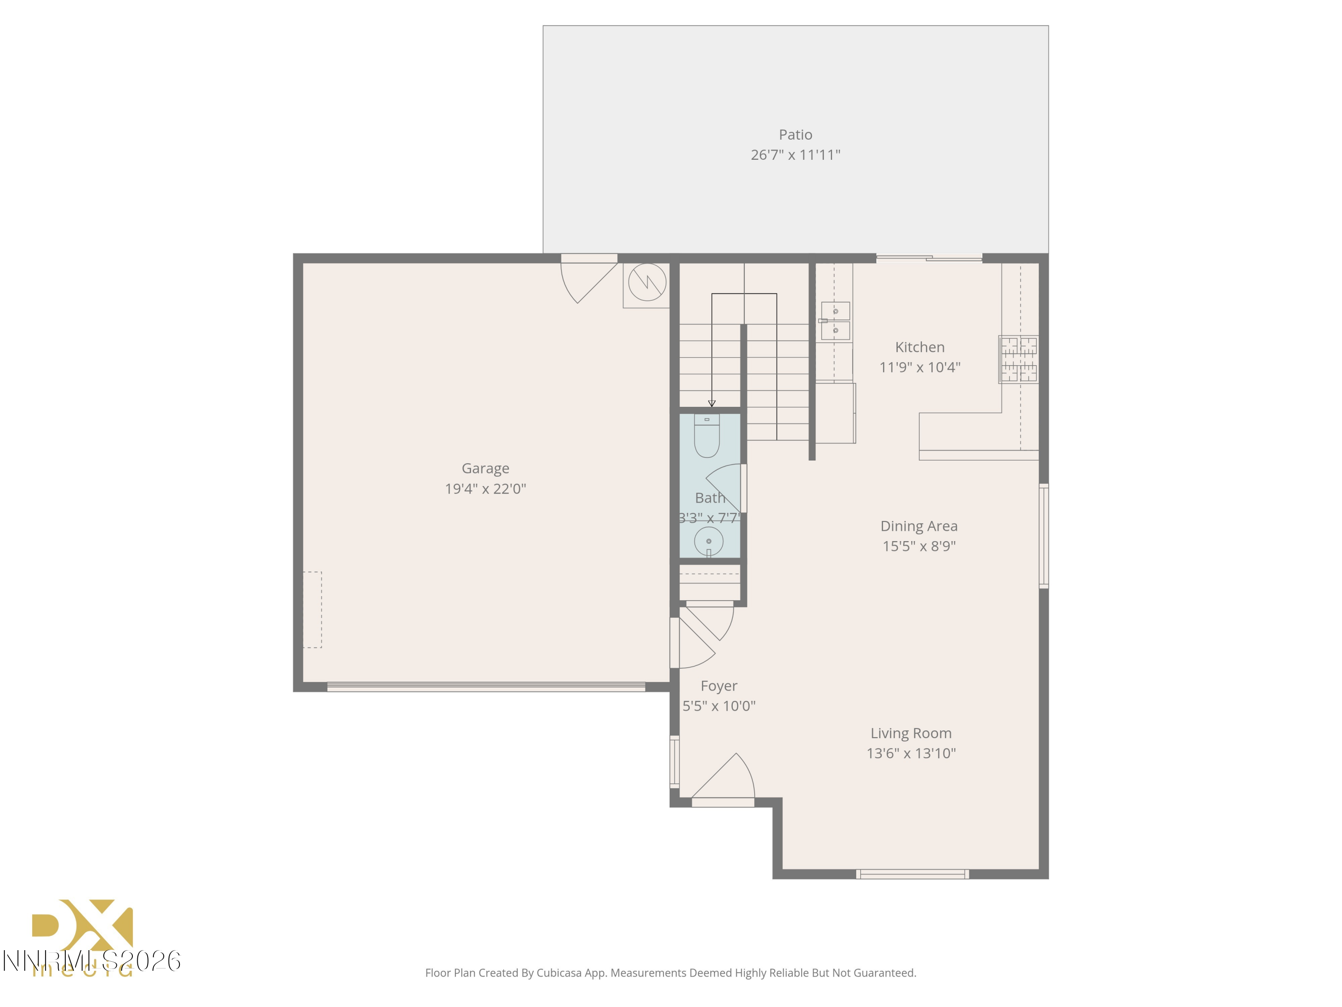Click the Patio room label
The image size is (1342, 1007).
coord(795,135)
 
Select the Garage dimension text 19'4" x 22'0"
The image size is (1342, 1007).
coord(485,489)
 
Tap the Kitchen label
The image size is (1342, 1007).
coord(919,347)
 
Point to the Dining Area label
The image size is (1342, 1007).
coord(918,526)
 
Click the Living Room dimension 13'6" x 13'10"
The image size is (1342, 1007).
coord(911,753)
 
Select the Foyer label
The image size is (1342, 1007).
coord(718,686)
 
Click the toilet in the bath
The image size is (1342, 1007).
coord(707,437)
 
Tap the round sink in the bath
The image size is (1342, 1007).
coord(708,541)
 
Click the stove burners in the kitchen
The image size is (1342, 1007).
coord(1018,359)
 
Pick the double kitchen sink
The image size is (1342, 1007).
coord(836,321)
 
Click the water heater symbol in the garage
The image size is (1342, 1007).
coord(647,282)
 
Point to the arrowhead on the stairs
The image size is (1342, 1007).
coord(712,404)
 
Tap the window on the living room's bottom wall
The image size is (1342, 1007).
coord(912,874)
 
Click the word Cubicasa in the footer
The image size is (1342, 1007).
coord(559,973)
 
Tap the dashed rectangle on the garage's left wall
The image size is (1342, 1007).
coord(312,610)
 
